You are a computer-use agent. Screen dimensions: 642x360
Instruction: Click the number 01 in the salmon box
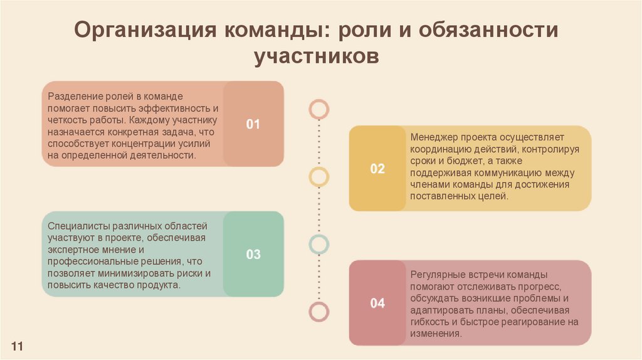tap(253, 124)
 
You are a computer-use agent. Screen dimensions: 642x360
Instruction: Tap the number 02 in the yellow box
tap(377, 169)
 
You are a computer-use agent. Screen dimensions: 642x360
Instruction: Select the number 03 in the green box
tap(253, 255)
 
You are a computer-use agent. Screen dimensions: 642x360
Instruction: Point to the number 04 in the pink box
tap(377, 304)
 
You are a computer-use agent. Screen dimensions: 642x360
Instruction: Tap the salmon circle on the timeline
tap(319, 109)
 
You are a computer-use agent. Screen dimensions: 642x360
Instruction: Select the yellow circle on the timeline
tap(319, 176)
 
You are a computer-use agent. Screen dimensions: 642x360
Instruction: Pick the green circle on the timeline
tap(319, 243)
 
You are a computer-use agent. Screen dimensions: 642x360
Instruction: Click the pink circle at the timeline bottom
tap(319, 311)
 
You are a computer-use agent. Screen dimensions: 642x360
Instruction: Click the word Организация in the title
tap(147, 29)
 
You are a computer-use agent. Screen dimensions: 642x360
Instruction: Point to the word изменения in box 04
tap(436, 334)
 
